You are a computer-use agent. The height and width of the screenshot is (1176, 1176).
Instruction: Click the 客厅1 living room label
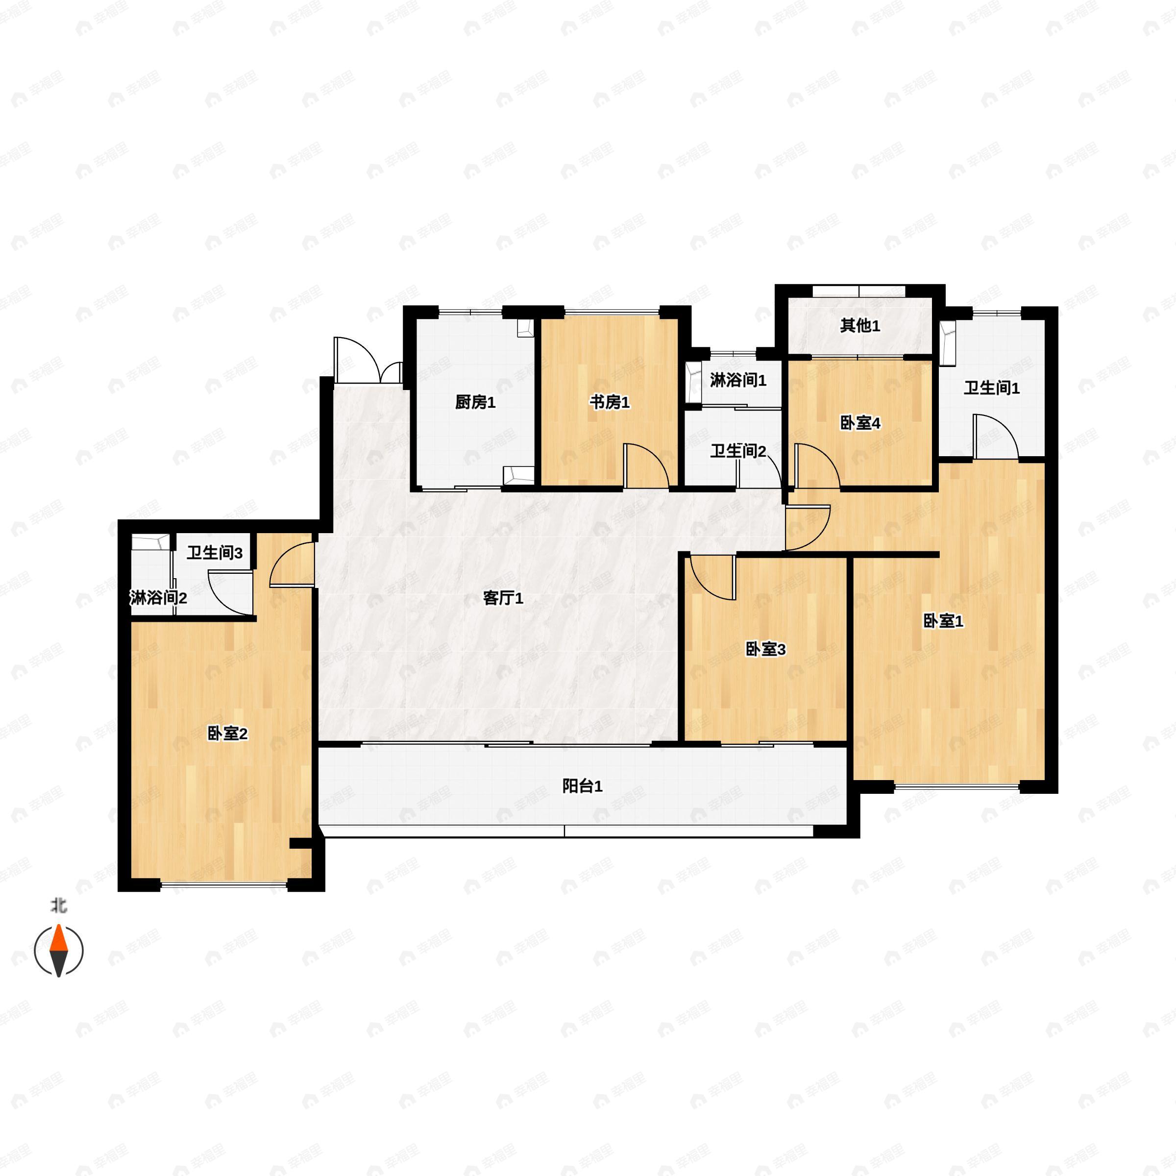tap(503, 598)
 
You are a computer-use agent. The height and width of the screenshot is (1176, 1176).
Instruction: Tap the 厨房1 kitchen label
tap(475, 402)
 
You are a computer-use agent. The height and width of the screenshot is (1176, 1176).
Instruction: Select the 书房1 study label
tap(609, 402)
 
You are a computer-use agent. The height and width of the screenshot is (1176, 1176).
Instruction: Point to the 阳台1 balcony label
tap(582, 786)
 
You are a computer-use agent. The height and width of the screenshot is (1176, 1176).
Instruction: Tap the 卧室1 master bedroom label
tap(943, 621)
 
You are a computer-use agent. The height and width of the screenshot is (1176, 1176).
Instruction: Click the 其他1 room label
tap(860, 326)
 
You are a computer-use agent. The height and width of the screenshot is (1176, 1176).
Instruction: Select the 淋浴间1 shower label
tap(738, 380)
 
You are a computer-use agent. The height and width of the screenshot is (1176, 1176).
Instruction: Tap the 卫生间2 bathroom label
tap(738, 451)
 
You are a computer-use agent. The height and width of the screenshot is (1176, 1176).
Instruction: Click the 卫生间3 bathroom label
tap(215, 553)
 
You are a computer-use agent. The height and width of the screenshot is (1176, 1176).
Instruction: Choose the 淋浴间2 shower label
tap(158, 598)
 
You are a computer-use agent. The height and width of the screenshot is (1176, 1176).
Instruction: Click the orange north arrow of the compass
tap(58, 938)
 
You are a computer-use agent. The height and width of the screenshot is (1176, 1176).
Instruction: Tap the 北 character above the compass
tap(58, 906)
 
